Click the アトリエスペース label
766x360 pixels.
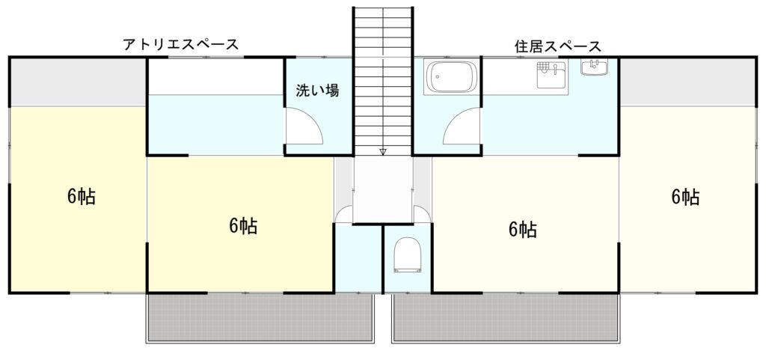181,44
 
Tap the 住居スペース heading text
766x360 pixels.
558,46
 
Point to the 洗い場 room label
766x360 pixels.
317,91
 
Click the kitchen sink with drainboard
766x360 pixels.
551,75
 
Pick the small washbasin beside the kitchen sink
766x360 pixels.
594,67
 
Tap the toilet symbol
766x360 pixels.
408,254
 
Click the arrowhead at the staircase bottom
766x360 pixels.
383,151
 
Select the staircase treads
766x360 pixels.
383,81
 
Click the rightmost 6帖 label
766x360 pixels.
685,196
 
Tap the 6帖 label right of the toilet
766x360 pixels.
523,228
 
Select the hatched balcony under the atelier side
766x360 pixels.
260,317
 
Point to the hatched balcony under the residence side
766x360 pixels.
506,317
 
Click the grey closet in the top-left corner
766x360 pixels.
78,82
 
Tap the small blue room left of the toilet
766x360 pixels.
358,258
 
